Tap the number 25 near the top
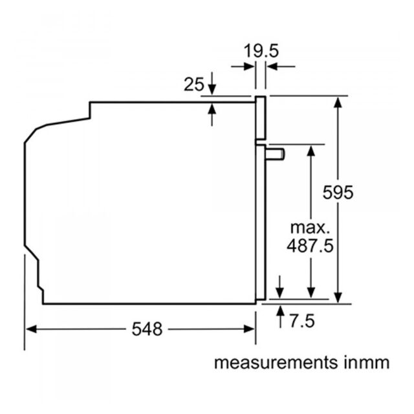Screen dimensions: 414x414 194,84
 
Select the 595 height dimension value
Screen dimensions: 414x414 338,192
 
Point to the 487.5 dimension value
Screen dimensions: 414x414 310,246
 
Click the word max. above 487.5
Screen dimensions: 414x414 310,228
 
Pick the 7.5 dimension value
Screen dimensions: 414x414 302,321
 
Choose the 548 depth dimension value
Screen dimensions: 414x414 147,329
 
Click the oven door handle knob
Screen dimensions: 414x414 275,155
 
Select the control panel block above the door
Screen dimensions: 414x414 260,118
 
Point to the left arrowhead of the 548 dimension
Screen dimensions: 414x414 31,329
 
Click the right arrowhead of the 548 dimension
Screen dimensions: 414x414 249,329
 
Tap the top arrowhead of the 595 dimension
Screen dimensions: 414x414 338,102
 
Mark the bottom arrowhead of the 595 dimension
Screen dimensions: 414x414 338,298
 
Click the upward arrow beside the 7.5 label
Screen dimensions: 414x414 280,316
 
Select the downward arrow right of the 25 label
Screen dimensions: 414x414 212,83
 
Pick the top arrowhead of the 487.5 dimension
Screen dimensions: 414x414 311,151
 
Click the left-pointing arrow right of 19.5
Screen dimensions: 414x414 281,67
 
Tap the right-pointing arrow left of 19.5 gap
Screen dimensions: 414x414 243,67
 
